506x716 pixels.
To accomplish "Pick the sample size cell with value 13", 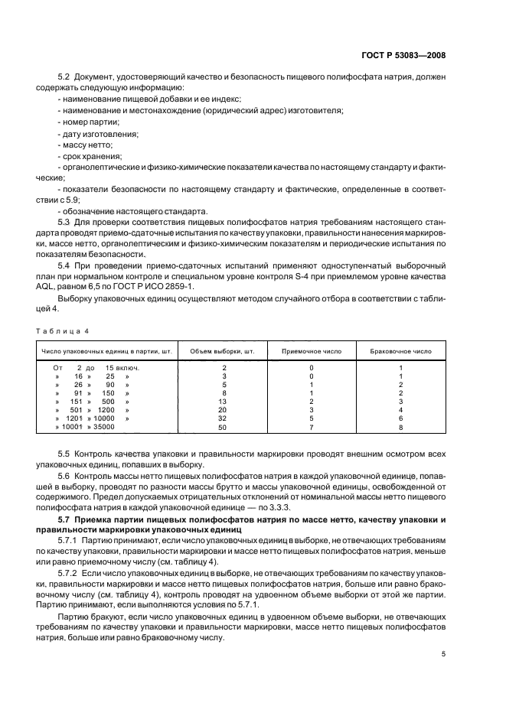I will pos(223,402).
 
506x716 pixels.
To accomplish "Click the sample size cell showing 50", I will pos(223,427).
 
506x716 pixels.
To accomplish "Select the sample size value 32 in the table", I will pos(223,418).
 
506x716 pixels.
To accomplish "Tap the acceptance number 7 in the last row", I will pos(312,427).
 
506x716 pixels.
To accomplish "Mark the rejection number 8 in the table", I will pos(400,427).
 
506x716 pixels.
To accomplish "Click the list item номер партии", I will pos(90,122).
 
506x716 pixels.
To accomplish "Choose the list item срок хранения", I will pos(91,155).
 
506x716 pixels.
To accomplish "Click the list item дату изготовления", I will pos(99,133).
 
